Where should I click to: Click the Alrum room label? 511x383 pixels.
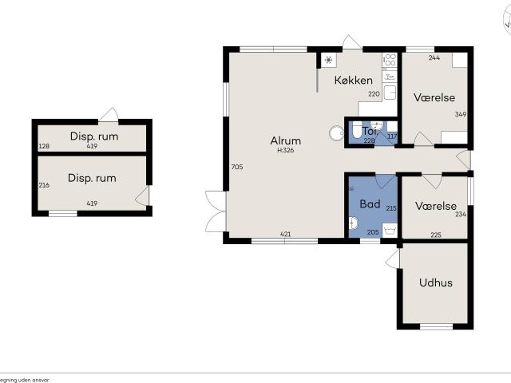pyautogui.click(x=285, y=140)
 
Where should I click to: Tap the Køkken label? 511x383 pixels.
pyautogui.click(x=354, y=80)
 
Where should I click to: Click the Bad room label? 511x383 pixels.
pyautogui.click(x=370, y=204)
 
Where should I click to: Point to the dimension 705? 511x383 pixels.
pyautogui.click(x=236, y=167)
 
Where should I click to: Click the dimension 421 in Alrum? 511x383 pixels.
pyautogui.click(x=285, y=234)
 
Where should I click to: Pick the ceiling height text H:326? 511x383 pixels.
pyautogui.click(x=286, y=150)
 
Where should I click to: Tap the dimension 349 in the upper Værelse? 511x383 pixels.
pyautogui.click(x=461, y=114)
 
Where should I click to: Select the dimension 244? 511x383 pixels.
pyautogui.click(x=434, y=58)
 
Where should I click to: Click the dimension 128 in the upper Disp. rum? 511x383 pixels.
pyautogui.click(x=44, y=146)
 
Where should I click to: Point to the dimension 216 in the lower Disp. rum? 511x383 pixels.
pyautogui.click(x=45, y=184)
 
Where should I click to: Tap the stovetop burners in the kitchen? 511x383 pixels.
pyautogui.click(x=390, y=63)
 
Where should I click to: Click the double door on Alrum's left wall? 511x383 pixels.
pyautogui.click(x=214, y=210)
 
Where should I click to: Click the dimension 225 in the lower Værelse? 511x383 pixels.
pyautogui.click(x=435, y=235)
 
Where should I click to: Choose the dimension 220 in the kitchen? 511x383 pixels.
pyautogui.click(x=373, y=94)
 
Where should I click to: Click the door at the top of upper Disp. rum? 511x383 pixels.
pyautogui.click(x=113, y=114)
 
